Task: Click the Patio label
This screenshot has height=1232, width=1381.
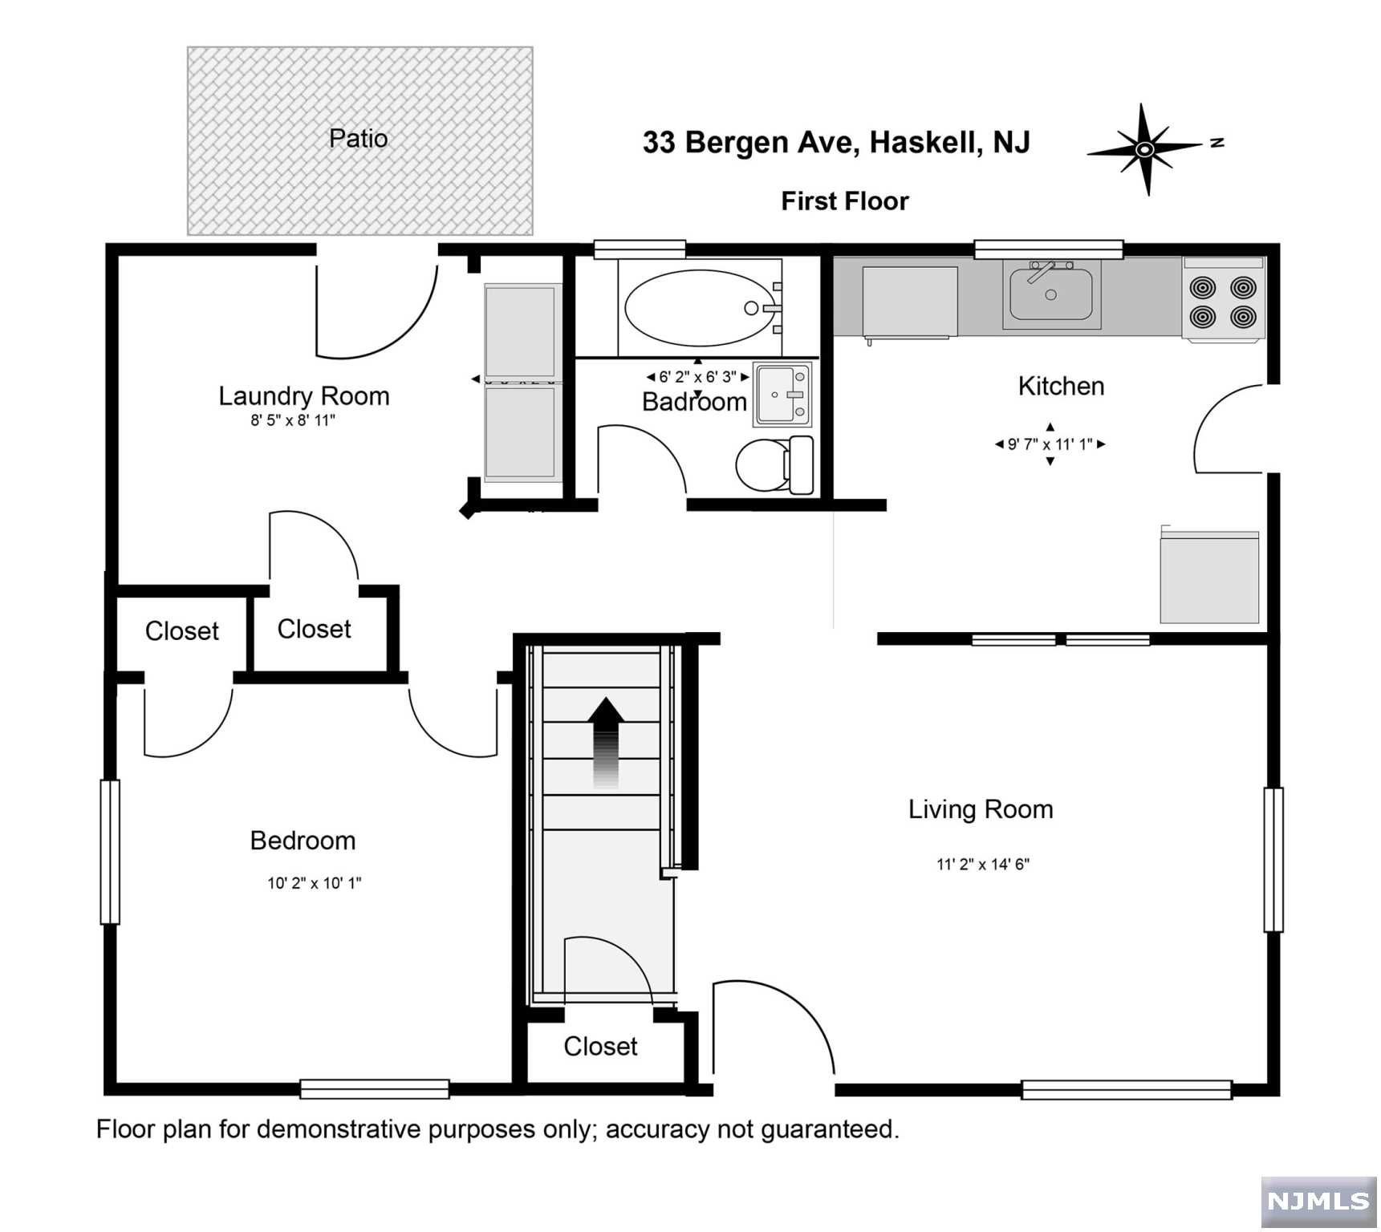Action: pyautogui.click(x=358, y=139)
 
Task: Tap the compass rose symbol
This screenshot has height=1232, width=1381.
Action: pyautogui.click(x=1146, y=149)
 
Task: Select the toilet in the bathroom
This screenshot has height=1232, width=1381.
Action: pyautogui.click(x=774, y=465)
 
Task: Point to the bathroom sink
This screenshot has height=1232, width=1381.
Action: pyautogui.click(x=782, y=394)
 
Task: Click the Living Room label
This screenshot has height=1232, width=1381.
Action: pyautogui.click(x=981, y=809)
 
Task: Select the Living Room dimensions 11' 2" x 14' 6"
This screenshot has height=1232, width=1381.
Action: pyautogui.click(x=983, y=864)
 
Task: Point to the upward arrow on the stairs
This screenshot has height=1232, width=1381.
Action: pyautogui.click(x=607, y=742)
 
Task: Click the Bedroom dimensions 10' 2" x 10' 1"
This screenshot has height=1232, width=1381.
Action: pyautogui.click(x=315, y=883)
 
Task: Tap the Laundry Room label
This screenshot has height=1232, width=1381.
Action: pyautogui.click(x=304, y=395)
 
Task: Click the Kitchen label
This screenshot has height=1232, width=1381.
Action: pyautogui.click(x=1061, y=386)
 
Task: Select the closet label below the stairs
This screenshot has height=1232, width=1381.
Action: pyautogui.click(x=600, y=1046)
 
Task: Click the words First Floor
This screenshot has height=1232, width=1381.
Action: pyautogui.click(x=845, y=201)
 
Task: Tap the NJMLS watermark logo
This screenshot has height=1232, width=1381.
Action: pyautogui.click(x=1318, y=1201)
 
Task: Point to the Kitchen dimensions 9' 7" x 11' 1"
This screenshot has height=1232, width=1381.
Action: pyautogui.click(x=1050, y=444)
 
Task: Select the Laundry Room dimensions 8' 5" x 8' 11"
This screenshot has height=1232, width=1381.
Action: pyautogui.click(x=292, y=420)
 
